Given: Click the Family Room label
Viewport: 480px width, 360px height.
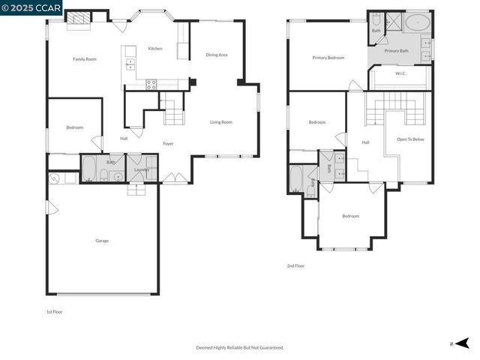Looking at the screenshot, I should [84, 58].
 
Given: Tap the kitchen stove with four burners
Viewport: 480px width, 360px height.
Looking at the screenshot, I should [151, 84].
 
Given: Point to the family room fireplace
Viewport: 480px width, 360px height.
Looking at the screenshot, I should [77, 19].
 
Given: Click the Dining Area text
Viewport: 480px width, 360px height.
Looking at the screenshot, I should [217, 55].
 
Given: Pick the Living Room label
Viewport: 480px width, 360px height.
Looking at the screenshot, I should [220, 121].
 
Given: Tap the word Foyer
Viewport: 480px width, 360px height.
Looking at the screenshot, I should [169, 143].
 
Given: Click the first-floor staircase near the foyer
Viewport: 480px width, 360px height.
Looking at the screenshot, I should [173, 115].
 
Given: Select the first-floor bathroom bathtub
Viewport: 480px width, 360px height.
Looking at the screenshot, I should [88, 169].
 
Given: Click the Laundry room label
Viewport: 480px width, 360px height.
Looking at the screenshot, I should [141, 169].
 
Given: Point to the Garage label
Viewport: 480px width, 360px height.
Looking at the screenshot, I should [102, 241].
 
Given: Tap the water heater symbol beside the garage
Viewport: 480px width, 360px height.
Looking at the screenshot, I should [54, 178].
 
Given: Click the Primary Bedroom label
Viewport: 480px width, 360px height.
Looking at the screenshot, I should [328, 57].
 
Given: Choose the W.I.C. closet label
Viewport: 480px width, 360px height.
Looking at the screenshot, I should [400, 76].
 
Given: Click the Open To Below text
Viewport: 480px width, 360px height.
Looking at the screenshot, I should [410, 139].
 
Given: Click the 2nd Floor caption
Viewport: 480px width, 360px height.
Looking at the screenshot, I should [295, 265].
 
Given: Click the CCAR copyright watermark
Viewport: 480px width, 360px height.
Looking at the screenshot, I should [31, 7].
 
